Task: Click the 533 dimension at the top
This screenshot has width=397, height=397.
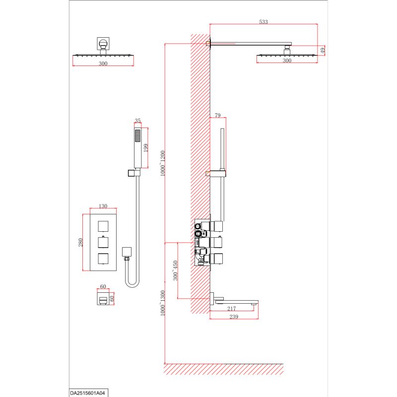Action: click(x=264, y=21)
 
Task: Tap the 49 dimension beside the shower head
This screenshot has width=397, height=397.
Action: click(x=322, y=50)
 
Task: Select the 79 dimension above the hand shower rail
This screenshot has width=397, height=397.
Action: click(x=217, y=116)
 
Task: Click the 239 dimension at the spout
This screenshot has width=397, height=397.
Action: click(x=233, y=317)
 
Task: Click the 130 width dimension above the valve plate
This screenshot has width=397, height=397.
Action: click(x=103, y=206)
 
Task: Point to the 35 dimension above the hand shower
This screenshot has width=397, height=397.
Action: click(x=138, y=121)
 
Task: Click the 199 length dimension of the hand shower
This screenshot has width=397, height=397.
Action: click(x=145, y=147)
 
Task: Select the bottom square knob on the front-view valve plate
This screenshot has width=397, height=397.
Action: click(x=103, y=259)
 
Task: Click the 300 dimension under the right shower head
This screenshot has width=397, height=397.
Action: click(x=287, y=60)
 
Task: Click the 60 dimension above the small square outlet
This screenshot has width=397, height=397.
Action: click(x=103, y=286)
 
